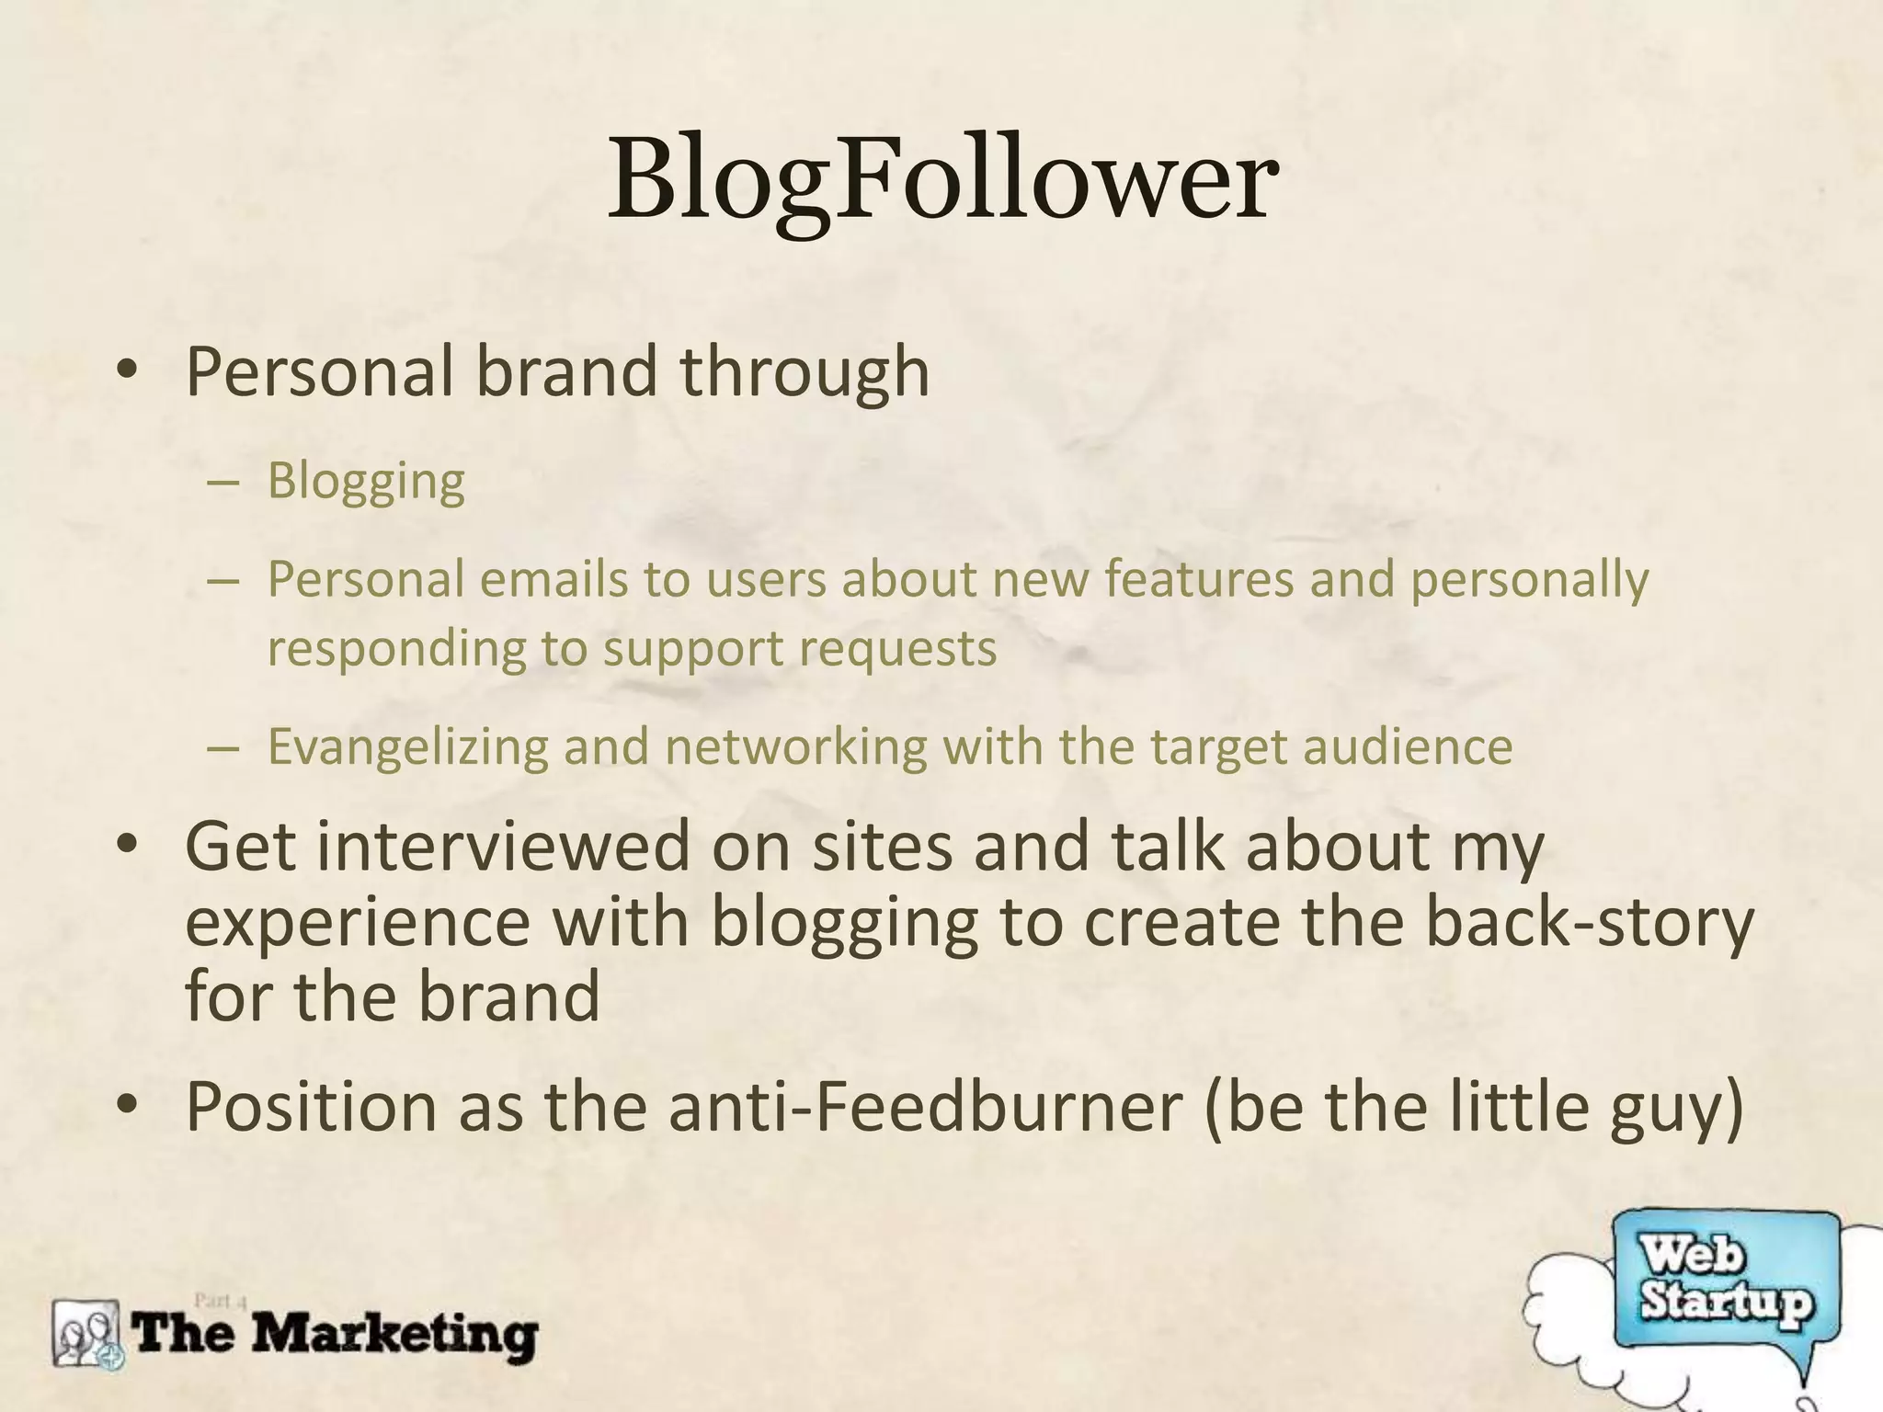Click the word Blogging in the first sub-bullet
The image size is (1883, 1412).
point(366,481)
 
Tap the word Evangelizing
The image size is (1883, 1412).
point(407,746)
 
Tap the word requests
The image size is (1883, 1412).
point(897,647)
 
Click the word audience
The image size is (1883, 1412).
point(1407,746)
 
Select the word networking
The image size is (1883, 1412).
point(796,746)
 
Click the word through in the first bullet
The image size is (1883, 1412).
point(805,372)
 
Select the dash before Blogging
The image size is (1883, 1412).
point(223,483)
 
